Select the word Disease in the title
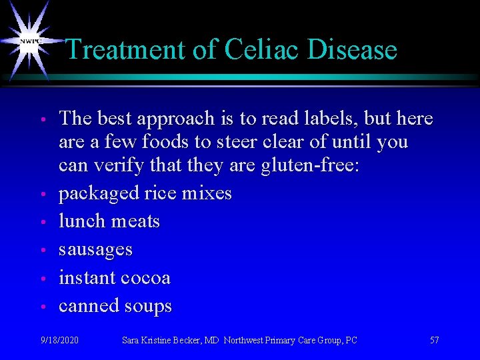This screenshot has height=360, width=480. coord(355,50)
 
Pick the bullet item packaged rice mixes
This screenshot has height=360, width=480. coord(145,193)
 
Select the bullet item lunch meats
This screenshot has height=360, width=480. coord(109,221)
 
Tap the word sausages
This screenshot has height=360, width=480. coord(96,250)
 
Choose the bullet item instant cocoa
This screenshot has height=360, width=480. coord(115,277)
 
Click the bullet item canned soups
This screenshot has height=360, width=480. coord(115,306)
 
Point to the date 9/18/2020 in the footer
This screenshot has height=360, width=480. coord(59,341)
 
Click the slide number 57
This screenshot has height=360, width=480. coord(435,341)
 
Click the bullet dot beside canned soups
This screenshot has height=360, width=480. coord(42,307)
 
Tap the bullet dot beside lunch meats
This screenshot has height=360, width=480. coord(42,222)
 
